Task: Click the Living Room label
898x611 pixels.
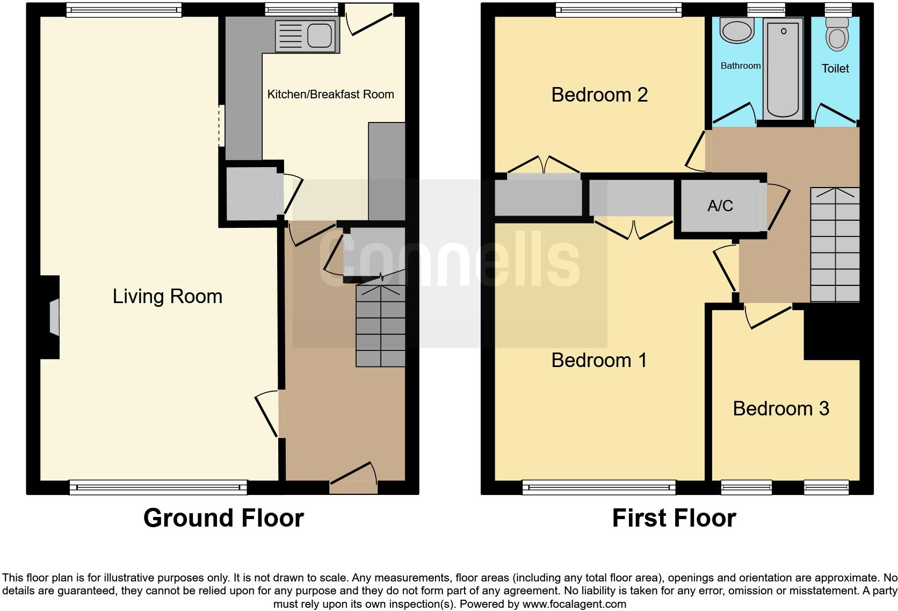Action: [x=167, y=296]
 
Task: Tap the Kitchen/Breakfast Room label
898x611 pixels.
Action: [x=330, y=95]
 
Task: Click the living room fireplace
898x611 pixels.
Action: [x=54, y=317]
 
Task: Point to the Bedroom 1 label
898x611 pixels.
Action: [x=599, y=360]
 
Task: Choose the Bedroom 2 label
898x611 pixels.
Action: [x=599, y=95]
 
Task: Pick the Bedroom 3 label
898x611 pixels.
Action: [x=781, y=408]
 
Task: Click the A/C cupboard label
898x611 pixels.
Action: [x=720, y=206]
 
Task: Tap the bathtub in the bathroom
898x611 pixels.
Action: [x=784, y=67]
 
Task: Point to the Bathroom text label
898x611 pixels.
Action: [x=740, y=66]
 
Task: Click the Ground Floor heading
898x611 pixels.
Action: [x=223, y=518]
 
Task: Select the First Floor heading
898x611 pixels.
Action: [x=674, y=518]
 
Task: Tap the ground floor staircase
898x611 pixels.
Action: [x=380, y=326]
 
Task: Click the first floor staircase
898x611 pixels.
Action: [x=835, y=245]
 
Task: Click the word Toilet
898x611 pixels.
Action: [x=835, y=68]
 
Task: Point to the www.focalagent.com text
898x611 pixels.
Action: [x=574, y=603]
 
